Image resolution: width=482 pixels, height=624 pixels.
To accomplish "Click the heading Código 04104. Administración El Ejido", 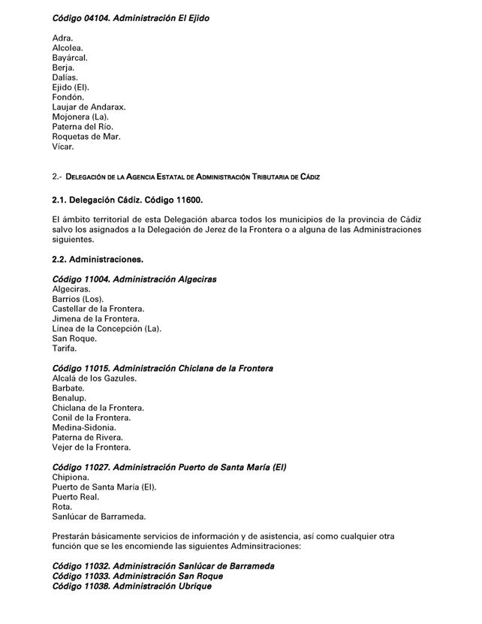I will (x=131, y=18).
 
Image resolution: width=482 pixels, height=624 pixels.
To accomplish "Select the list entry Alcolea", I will (x=68, y=47).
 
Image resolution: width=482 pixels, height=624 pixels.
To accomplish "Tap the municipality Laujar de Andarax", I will (x=89, y=107).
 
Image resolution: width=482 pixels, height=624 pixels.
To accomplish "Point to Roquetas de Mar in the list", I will (x=86, y=137).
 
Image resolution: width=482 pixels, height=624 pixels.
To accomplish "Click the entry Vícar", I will (x=63, y=146).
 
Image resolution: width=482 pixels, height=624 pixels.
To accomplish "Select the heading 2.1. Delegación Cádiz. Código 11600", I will (x=128, y=200).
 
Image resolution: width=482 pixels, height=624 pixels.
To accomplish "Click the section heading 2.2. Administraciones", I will (x=98, y=259).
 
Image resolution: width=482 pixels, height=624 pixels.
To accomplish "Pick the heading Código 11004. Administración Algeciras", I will (x=134, y=279).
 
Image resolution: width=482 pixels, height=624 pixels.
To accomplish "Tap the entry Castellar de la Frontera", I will (x=98, y=309).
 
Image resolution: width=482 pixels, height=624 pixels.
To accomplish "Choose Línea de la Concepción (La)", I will (x=107, y=328).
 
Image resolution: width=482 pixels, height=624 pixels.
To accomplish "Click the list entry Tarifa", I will (x=65, y=348).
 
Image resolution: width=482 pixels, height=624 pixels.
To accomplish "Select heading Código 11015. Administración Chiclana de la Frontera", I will (x=162, y=369).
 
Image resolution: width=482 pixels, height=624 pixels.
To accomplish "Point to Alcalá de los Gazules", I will (x=95, y=378).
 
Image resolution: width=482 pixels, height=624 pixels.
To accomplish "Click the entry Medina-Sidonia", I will (x=84, y=427).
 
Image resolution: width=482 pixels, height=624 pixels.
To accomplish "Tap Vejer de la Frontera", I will (x=92, y=447).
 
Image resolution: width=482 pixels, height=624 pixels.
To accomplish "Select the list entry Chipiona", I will (x=71, y=477).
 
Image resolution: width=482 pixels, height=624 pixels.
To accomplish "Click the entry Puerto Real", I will (x=76, y=496).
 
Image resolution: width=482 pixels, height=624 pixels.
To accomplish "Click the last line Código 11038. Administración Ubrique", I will (x=131, y=586).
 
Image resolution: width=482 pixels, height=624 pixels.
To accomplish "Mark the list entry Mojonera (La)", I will (x=80, y=116).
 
